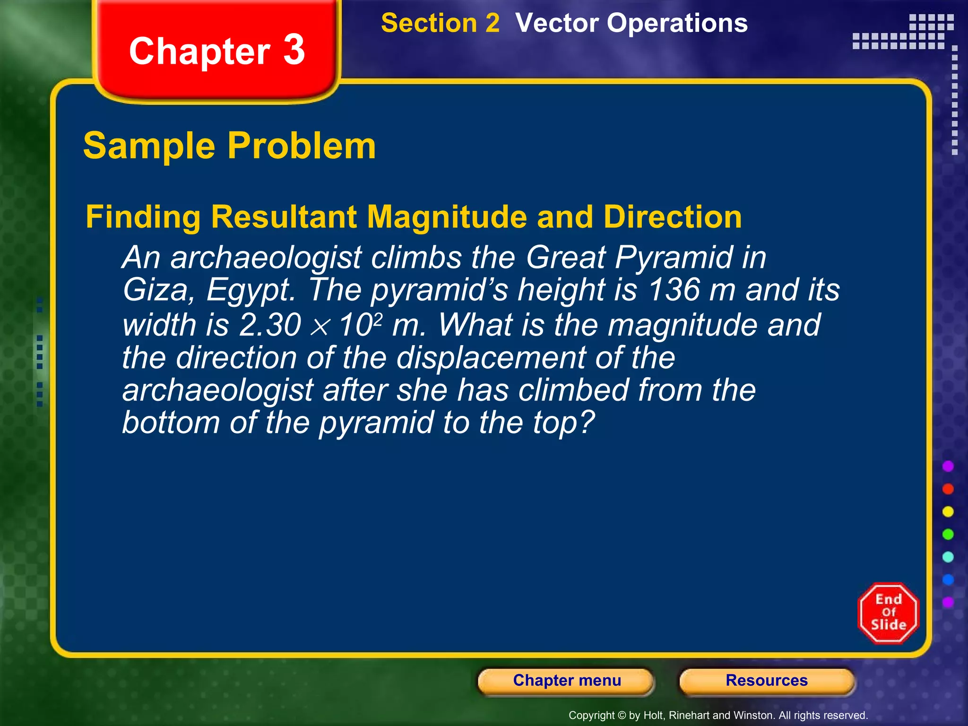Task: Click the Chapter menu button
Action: tap(566, 681)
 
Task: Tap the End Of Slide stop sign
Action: tap(888, 613)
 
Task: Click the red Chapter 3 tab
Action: tap(217, 51)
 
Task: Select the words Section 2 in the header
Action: tap(440, 23)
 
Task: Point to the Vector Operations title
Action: tap(631, 23)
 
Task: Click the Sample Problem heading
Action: tap(230, 146)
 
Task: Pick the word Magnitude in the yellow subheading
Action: tap(447, 217)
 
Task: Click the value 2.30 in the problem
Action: tap(270, 325)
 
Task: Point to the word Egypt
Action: tap(251, 290)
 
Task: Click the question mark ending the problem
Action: tap(587, 422)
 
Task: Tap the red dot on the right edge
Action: tap(948, 489)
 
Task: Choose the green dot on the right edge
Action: tap(948, 534)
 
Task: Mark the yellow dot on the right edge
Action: tap(948, 511)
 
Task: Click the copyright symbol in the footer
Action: tap(622, 716)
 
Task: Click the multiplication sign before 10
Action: tap(320, 327)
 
